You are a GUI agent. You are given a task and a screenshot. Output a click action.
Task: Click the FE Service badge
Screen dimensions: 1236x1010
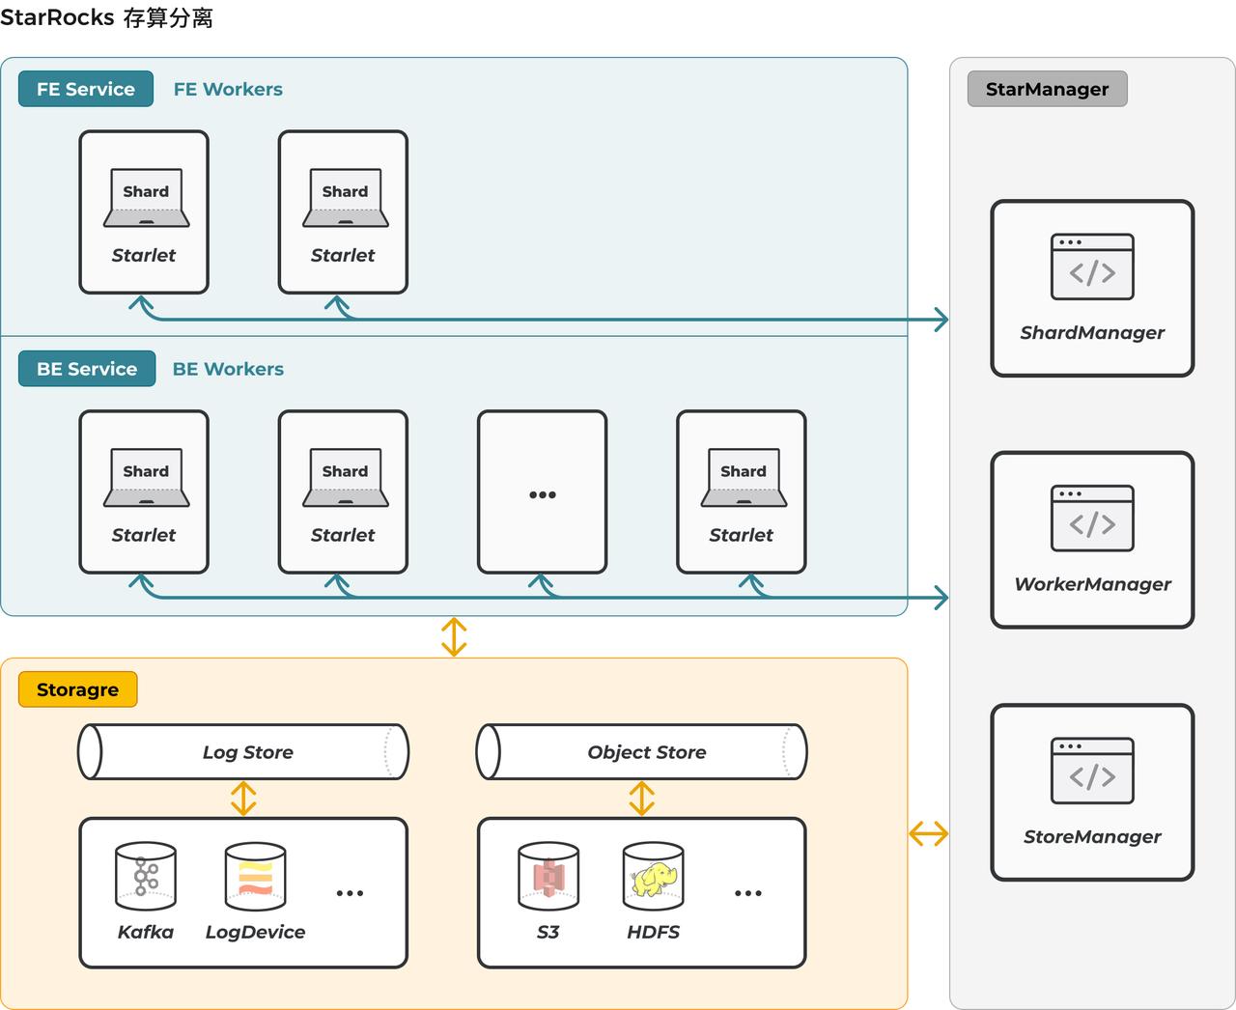[86, 89]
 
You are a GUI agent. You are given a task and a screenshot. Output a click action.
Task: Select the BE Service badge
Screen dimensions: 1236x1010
[87, 368]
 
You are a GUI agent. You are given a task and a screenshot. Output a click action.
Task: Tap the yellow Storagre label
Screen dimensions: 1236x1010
[78, 688]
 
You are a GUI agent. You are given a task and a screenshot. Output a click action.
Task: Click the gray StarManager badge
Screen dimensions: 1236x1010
[1047, 89]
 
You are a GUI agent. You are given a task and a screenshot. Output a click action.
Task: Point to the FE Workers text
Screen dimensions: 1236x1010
[228, 89]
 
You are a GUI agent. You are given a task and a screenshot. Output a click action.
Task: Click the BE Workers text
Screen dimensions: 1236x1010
[228, 369]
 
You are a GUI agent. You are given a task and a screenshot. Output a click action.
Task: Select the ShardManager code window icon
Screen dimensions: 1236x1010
[1092, 267]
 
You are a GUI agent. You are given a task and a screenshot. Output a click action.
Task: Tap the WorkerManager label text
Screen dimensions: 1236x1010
[1092, 584]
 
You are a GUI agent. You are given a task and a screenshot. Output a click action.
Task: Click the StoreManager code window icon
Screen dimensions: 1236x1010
[1092, 771]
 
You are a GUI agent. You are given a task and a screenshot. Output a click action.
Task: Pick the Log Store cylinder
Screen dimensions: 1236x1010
[243, 751]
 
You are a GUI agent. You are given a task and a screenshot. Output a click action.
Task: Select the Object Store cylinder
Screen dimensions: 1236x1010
[642, 751]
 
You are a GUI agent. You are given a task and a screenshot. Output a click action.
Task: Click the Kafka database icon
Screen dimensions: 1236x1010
[146, 877]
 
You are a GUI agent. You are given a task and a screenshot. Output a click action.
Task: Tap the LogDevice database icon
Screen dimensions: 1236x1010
[256, 877]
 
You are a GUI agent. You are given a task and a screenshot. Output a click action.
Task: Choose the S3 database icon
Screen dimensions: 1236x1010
[548, 877]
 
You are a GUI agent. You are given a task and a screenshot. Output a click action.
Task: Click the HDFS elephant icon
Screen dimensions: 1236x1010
[654, 877]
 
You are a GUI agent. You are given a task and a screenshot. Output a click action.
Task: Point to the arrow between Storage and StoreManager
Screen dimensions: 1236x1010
[928, 833]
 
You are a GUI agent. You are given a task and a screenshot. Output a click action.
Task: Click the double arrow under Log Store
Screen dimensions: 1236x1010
[243, 799]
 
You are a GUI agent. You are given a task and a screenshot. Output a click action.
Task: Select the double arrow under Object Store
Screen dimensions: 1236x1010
[642, 799]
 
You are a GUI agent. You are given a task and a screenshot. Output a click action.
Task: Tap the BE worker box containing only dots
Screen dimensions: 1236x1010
[542, 491]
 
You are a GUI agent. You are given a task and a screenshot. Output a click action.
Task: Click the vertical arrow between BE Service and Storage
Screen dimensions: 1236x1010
[454, 636]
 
